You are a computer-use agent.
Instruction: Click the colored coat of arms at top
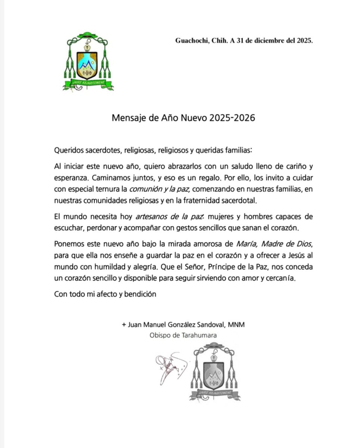click(x=88, y=62)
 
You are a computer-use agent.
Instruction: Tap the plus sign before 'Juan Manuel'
click(x=124, y=325)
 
